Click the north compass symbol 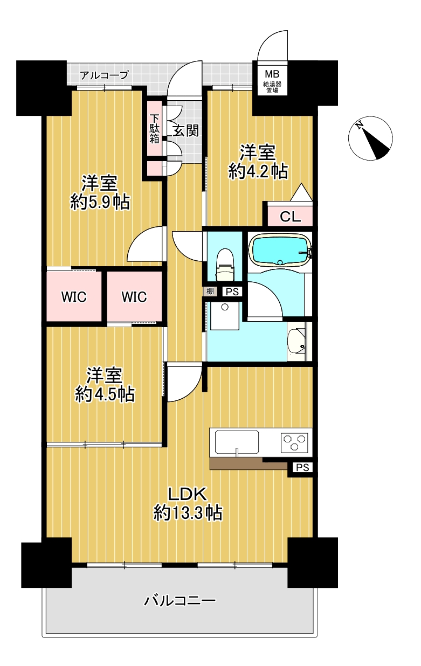pos(370,138)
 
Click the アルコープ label pos(105,74)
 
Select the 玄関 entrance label pos(186,130)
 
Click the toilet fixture pos(225,265)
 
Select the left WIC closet pos(74,296)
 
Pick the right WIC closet pos(134,296)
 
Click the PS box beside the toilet pos(232,292)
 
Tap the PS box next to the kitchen pos(302,468)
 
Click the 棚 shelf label pos(210,291)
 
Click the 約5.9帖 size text pos(100,202)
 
